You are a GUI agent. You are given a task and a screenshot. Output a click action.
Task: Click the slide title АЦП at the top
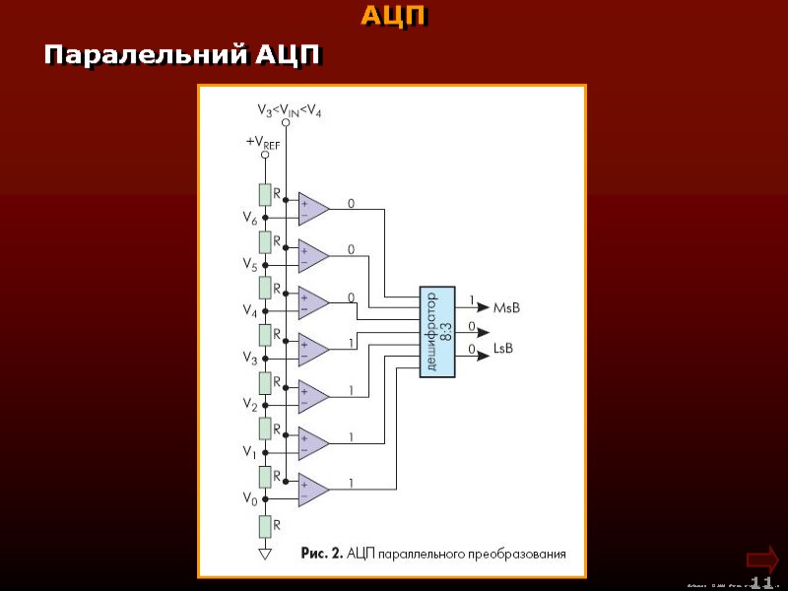(x=394, y=16)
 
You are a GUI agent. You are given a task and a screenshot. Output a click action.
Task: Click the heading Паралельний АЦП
(x=181, y=54)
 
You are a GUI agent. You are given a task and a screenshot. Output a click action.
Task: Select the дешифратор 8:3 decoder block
(x=438, y=332)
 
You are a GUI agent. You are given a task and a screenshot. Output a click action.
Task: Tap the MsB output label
(x=506, y=308)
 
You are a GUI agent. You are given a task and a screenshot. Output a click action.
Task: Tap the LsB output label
(x=503, y=350)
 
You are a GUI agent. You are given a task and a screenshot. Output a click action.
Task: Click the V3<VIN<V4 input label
(x=289, y=110)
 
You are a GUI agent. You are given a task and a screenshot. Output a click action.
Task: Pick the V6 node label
(x=251, y=219)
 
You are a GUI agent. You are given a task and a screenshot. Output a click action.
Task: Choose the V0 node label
(x=251, y=498)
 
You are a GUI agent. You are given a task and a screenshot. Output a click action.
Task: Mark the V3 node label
(x=251, y=359)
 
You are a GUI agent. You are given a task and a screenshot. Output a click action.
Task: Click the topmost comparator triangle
(x=314, y=208)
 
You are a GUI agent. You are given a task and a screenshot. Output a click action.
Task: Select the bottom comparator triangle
(x=314, y=490)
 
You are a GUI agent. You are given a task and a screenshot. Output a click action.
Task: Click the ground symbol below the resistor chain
(x=264, y=555)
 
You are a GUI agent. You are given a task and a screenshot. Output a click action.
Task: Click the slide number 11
(x=761, y=582)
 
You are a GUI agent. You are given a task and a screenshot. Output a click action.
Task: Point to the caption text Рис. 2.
(x=322, y=554)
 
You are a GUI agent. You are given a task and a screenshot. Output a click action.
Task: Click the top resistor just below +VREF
(x=264, y=194)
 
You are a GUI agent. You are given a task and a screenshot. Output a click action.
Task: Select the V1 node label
(x=251, y=452)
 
